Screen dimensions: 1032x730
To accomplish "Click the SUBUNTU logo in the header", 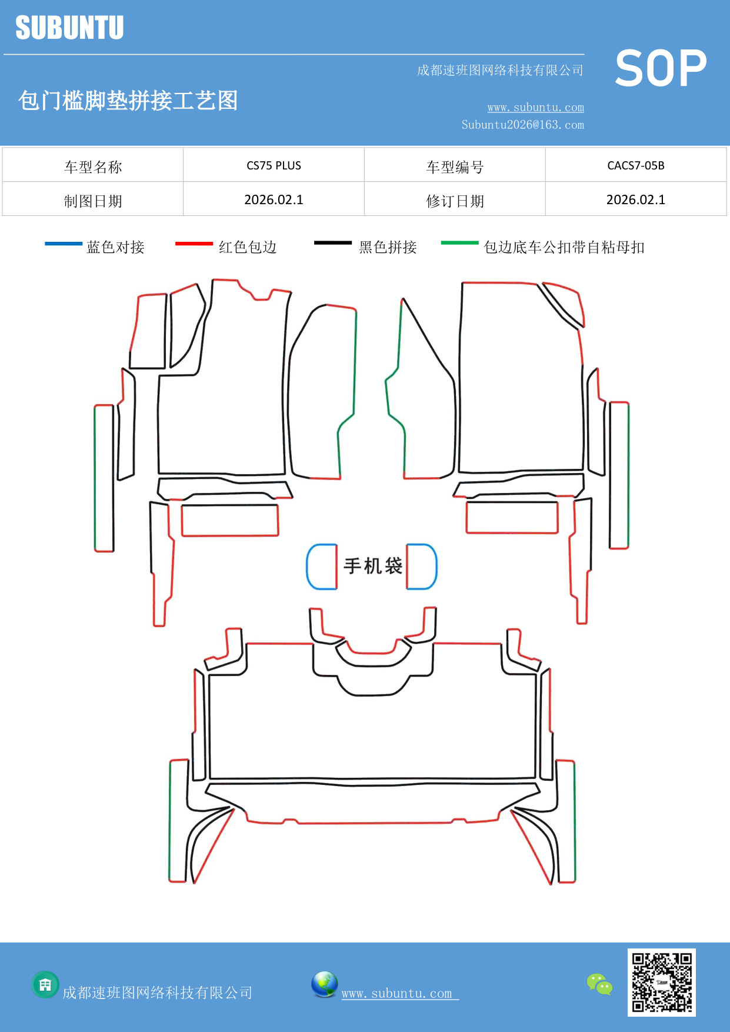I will (x=69, y=28).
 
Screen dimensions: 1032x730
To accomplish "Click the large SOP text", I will (x=661, y=69).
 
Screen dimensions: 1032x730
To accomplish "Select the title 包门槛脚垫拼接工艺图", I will (x=128, y=101).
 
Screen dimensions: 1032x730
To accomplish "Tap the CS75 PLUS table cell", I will (x=274, y=165).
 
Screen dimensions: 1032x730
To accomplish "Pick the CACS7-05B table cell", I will (x=635, y=165).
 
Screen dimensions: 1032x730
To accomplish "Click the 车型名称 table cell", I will (x=93, y=167).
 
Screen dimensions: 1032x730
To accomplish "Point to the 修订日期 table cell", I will (x=455, y=201).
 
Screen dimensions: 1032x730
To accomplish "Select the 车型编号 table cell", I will (x=455, y=167).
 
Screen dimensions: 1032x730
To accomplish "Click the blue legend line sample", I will (x=64, y=243).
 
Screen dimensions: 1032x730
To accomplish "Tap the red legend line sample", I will (x=194, y=243).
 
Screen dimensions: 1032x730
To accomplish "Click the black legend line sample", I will (x=333, y=242).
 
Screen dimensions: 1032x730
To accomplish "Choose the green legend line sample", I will (x=460, y=242).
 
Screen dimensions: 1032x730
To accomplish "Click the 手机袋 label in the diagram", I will (x=373, y=566).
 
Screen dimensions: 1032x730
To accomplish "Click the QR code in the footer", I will (x=662, y=983).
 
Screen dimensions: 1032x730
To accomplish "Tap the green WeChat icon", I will (x=599, y=984).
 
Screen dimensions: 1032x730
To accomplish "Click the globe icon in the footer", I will (x=325, y=984).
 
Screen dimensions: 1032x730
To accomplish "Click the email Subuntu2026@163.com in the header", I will (x=522, y=125).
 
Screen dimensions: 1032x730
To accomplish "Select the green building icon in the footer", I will (x=45, y=984).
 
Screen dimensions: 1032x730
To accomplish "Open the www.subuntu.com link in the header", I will (x=535, y=107).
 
